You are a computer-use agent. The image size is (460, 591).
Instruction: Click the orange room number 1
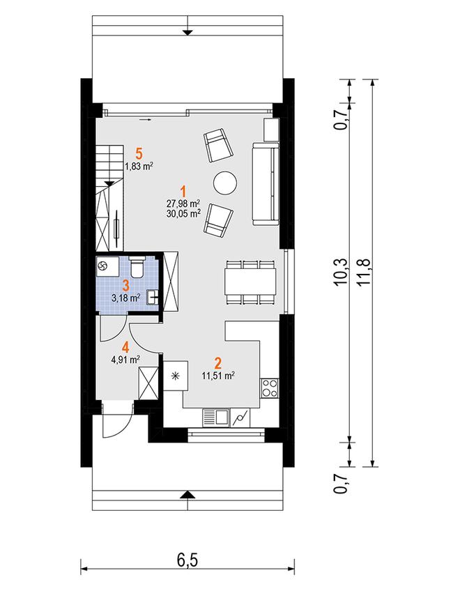click(183, 190)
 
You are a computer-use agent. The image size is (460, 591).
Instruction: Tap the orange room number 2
click(218, 363)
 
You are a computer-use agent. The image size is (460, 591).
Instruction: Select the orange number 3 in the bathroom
click(125, 285)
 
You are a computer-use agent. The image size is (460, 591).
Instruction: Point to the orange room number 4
click(125, 347)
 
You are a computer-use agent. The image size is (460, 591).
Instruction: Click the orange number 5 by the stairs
click(139, 154)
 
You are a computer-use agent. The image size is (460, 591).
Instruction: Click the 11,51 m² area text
click(218, 376)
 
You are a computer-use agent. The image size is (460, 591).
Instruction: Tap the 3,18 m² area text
click(126, 298)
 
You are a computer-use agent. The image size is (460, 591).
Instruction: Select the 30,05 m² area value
click(183, 214)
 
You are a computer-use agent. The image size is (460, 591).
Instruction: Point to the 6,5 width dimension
click(187, 560)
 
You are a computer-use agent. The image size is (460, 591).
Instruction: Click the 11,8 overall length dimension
click(365, 272)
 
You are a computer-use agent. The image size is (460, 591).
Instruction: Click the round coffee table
click(225, 183)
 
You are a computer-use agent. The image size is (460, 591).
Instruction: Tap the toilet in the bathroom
click(136, 266)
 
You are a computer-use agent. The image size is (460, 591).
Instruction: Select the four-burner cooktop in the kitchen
click(270, 387)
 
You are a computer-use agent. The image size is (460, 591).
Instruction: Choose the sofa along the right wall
click(266, 184)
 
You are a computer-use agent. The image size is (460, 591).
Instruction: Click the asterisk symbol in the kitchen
click(174, 376)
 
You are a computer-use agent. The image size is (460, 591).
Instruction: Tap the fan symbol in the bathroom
click(102, 266)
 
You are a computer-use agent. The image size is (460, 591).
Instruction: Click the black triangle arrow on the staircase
click(109, 183)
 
